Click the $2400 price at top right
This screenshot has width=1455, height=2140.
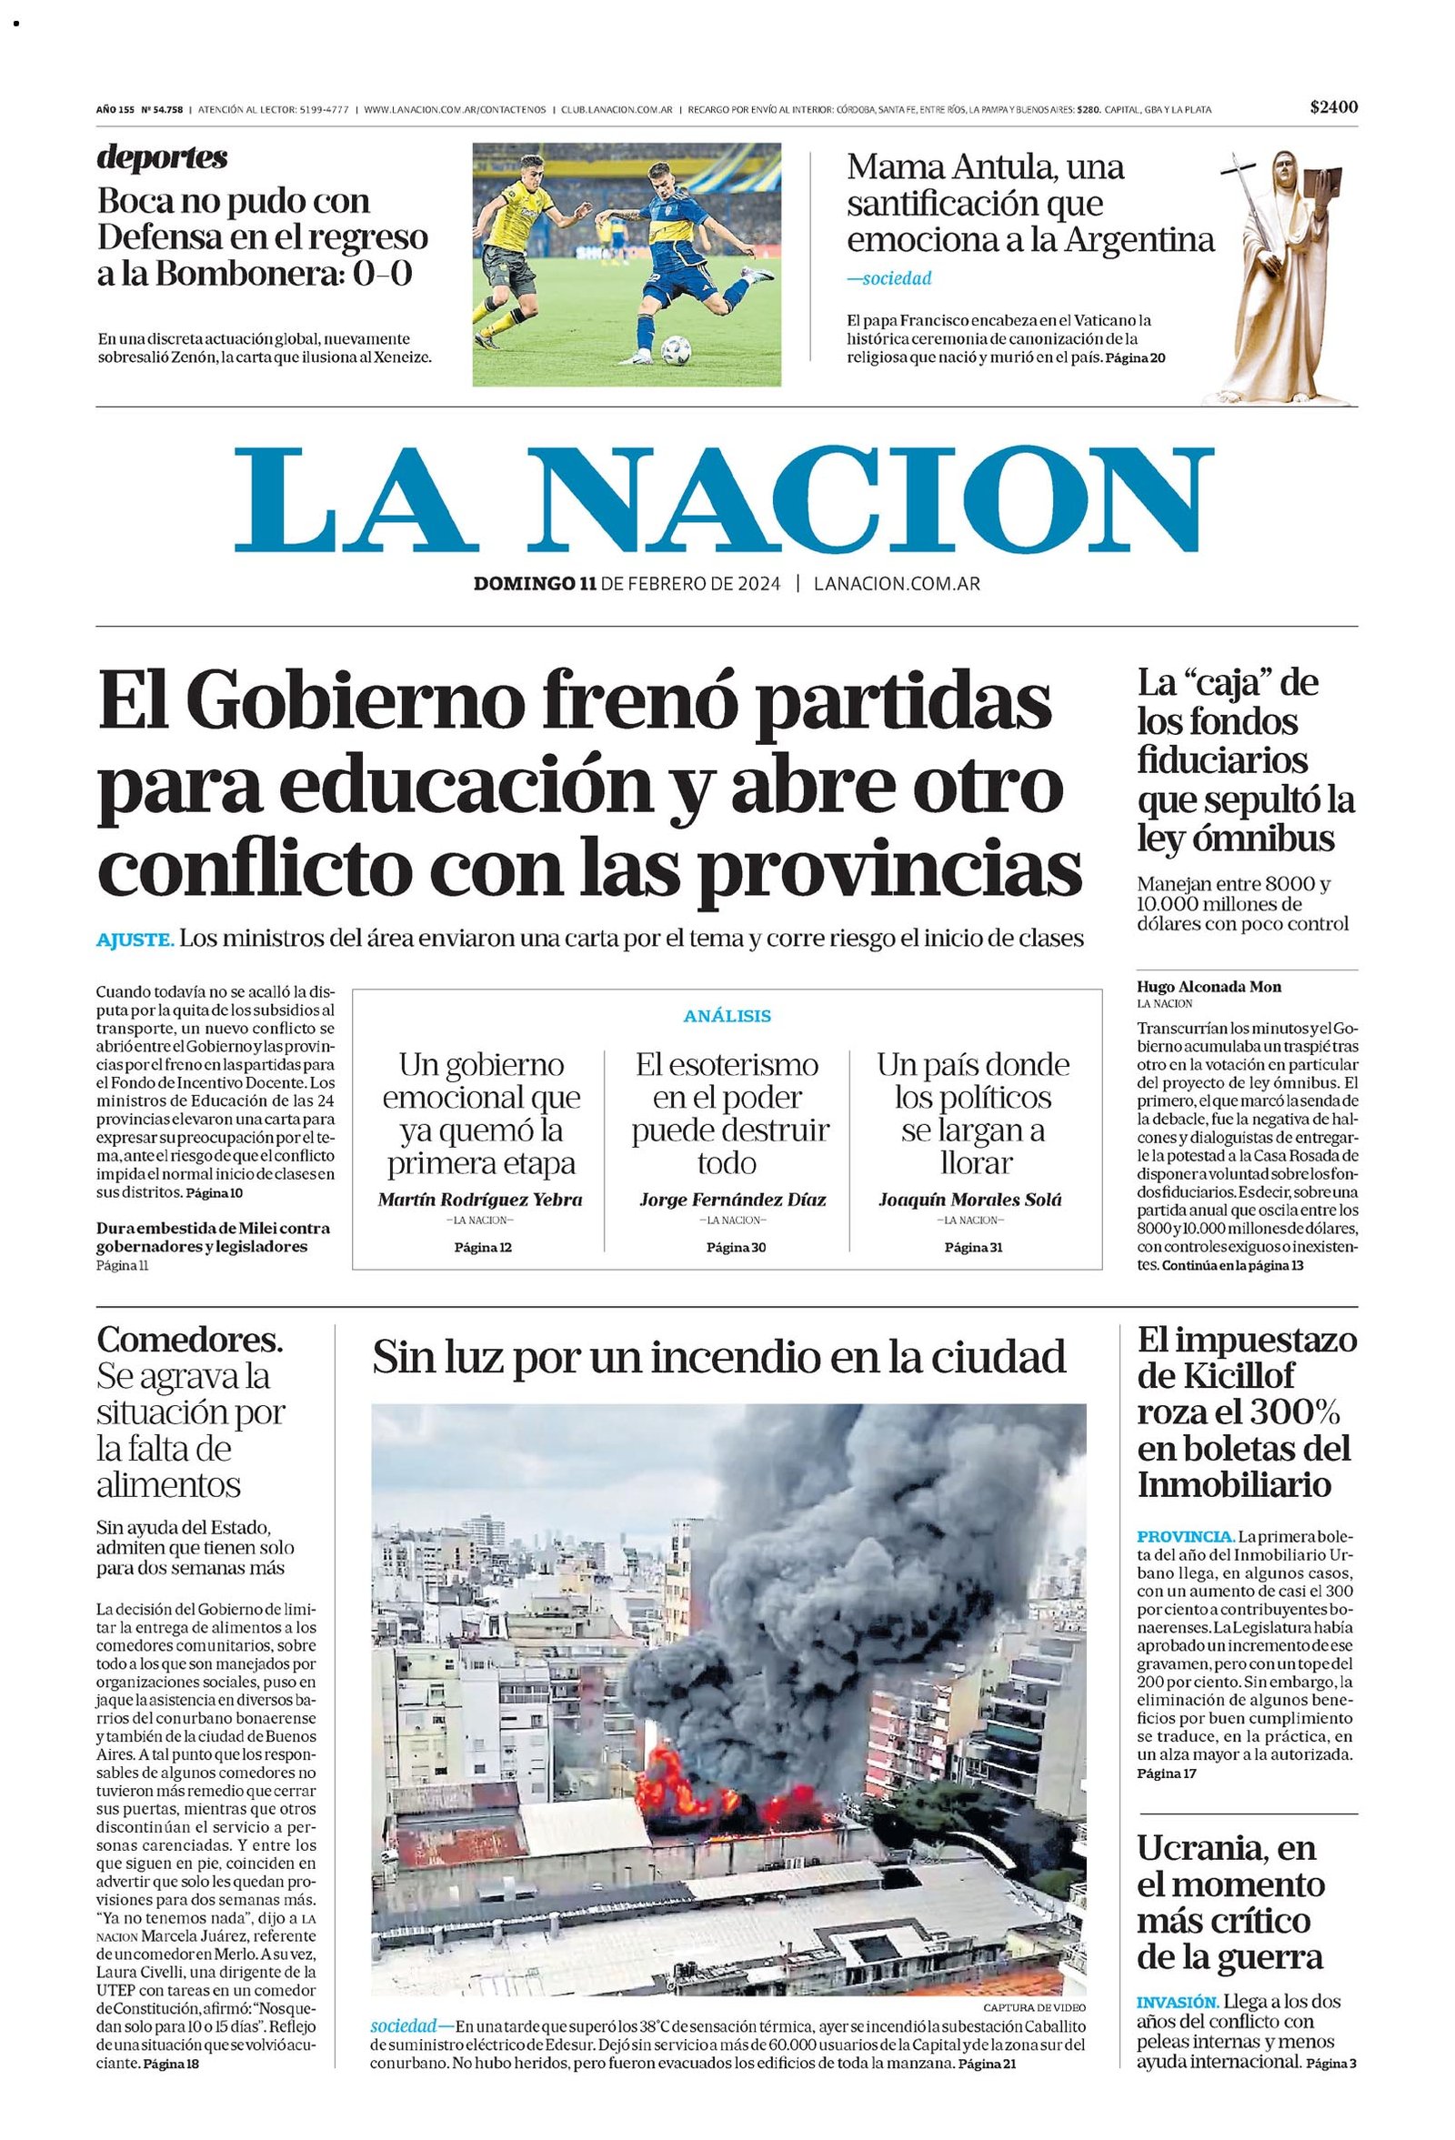point(1334,106)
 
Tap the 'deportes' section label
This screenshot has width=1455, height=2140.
point(162,157)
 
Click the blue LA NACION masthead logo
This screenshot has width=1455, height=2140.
point(723,500)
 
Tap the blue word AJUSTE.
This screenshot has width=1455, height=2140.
point(135,940)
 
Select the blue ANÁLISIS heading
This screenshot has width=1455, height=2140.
point(727,1017)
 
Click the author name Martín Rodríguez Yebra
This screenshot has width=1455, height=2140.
point(480,1200)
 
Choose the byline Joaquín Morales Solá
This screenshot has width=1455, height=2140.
point(969,1200)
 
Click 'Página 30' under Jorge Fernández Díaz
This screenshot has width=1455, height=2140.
point(736,1248)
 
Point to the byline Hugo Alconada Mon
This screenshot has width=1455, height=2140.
point(1209,987)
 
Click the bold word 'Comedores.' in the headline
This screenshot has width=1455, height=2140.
point(190,1339)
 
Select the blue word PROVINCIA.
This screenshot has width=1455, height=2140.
point(1184,1537)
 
